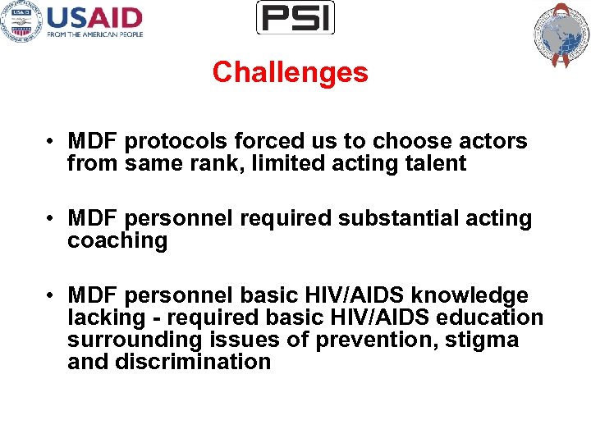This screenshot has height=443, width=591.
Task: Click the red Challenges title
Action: coord(290,73)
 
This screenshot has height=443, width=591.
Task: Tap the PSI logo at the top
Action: coord(295,18)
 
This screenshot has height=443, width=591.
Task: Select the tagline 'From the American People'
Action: coord(94,34)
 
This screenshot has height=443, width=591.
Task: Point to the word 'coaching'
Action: coord(117,241)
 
